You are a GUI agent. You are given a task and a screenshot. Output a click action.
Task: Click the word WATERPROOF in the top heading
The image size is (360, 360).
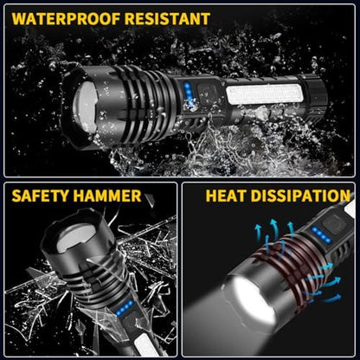click(x=66, y=19)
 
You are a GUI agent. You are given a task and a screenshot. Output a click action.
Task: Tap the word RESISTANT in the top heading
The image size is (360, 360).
click(x=167, y=19)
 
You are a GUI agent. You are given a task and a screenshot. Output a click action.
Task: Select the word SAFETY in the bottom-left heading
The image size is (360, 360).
click(x=40, y=196)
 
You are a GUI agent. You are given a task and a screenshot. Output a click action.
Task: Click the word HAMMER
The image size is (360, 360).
click(x=107, y=196)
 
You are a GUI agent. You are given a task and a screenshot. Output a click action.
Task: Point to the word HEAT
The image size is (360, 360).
click(x=226, y=196)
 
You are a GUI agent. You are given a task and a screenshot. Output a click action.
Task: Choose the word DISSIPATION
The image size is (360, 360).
click(x=300, y=196)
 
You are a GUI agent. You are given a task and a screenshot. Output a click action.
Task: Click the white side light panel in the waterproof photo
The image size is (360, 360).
click(x=265, y=94)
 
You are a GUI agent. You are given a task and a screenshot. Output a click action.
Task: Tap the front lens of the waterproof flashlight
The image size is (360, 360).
click(x=85, y=108)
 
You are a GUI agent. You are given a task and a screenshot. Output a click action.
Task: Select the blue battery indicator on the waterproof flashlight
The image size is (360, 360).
click(x=189, y=93)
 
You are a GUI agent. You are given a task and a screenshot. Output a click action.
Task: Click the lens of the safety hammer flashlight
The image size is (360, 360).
click(x=76, y=237)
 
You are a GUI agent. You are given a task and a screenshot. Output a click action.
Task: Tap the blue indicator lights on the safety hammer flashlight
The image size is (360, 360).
click(x=125, y=308)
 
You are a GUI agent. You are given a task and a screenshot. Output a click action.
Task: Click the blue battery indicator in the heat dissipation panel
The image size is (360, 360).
click(x=321, y=235)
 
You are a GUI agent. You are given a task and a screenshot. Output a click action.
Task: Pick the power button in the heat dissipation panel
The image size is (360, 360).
click(x=337, y=223)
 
